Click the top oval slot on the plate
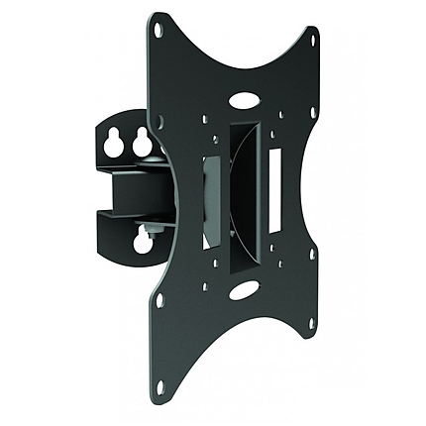243,101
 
